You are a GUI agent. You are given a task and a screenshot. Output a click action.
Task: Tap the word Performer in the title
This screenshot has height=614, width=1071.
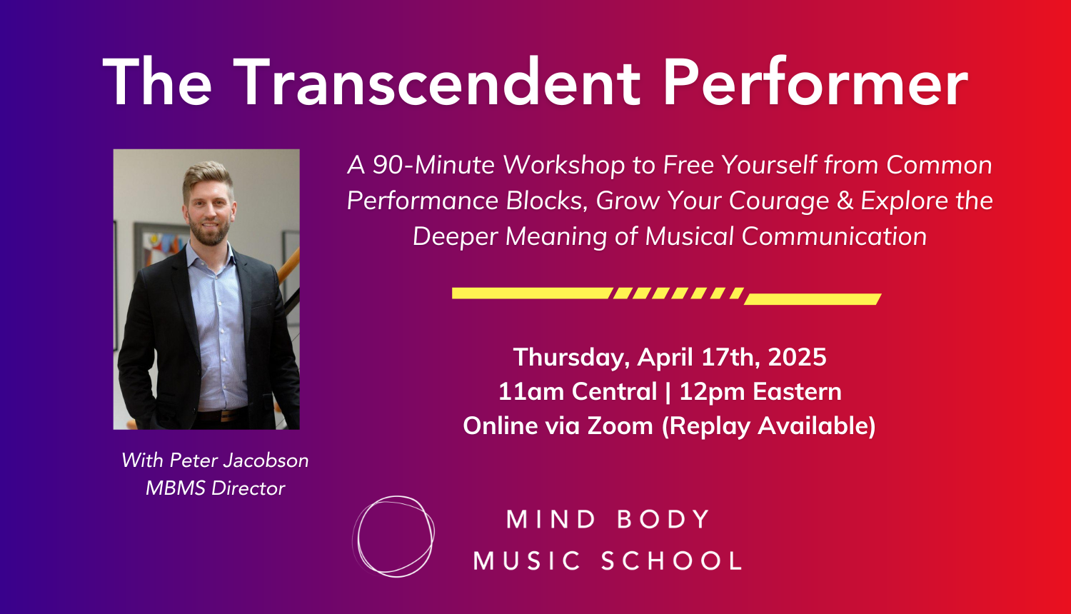tap(815, 82)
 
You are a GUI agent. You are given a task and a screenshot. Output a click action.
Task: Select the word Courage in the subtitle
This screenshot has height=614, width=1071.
tap(779, 201)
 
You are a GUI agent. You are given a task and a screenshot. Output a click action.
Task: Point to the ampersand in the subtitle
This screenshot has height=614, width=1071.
tap(845, 201)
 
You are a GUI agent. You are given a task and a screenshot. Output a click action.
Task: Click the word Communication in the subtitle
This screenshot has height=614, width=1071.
tap(835, 236)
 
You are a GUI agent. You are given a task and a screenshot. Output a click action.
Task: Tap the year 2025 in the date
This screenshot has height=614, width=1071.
tap(797, 357)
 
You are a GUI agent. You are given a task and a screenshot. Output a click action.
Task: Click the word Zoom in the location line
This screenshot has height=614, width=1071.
tap(620, 426)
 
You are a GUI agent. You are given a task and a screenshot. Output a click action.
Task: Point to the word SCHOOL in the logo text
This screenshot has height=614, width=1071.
tap(671, 560)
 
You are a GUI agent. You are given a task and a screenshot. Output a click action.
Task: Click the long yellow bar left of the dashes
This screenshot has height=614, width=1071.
tap(532, 293)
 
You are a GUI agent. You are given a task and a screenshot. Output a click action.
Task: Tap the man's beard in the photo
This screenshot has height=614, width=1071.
tap(209, 233)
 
